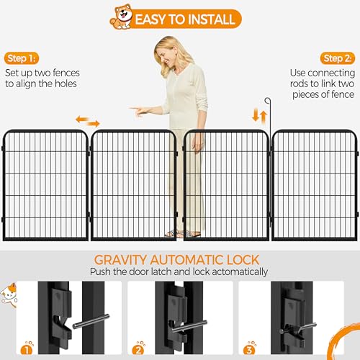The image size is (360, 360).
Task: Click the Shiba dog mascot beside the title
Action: tap(122, 17)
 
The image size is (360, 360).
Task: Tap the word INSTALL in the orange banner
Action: tap(208, 19)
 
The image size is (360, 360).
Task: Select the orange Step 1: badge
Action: tap(22, 58)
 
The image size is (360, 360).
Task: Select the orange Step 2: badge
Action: tap(338, 58)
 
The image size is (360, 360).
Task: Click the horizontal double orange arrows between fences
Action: tap(88, 121)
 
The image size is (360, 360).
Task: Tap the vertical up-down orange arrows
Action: tap(260, 116)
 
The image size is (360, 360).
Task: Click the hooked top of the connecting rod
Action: tap(267, 100)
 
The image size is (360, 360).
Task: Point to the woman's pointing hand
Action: tap(139, 110)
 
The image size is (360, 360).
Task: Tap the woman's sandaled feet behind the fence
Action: tap(182, 234)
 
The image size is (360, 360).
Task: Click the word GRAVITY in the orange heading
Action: tap(120, 260)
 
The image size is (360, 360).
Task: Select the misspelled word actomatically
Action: tap(240, 272)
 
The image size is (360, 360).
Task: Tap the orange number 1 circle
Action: tap(27, 350)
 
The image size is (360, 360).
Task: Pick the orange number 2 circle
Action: tap(138, 350)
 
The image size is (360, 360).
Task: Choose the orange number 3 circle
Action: tap(249, 350)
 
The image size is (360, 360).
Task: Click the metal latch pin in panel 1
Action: tap(91, 321)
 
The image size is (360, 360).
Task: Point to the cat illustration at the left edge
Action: tap(9, 294)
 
